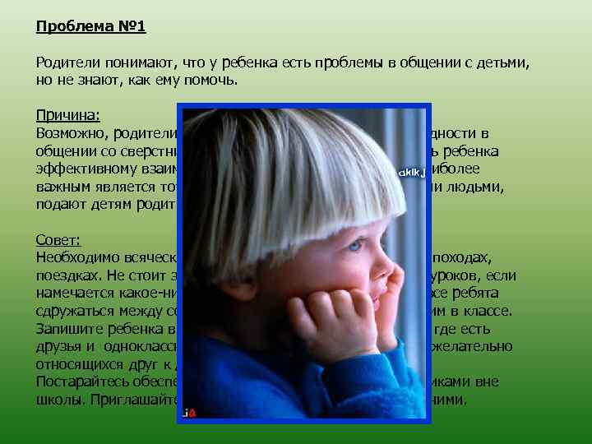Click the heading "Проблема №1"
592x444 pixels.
point(90,27)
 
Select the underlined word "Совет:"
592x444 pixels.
point(58,239)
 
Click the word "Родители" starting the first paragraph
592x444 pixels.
point(66,62)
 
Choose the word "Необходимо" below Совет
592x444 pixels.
point(76,257)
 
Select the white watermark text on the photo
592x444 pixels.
point(410,173)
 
